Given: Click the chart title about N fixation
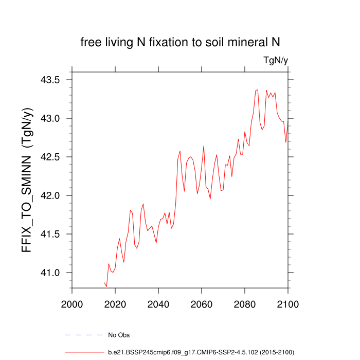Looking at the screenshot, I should click(x=180, y=42).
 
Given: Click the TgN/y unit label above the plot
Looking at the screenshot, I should click(x=275, y=61).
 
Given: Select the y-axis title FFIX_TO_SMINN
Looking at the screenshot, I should click(x=28, y=180).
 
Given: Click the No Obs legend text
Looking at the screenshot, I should click(x=118, y=335).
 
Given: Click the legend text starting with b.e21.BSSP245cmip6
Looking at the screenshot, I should click(x=201, y=352).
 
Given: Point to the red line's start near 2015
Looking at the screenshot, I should click(x=104, y=282).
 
